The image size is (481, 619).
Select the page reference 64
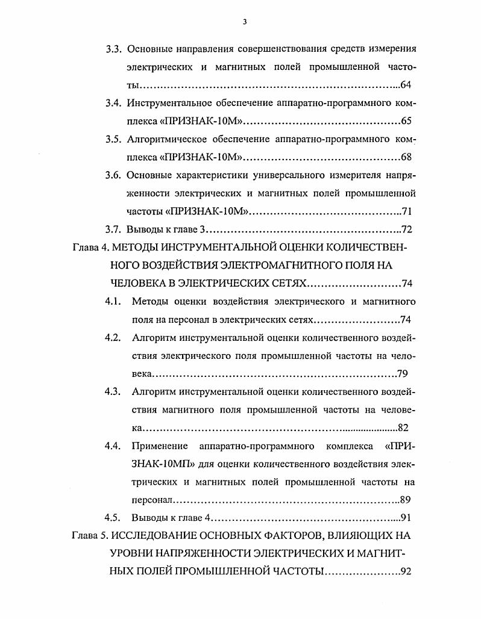(405, 85)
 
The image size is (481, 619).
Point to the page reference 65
(406, 121)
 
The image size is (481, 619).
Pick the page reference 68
(406, 158)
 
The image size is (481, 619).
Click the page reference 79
(403, 373)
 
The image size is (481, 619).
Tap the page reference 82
(404, 428)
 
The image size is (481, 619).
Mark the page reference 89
(406, 500)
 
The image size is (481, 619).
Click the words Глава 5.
(90, 534)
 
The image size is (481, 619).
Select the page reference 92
(405, 571)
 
